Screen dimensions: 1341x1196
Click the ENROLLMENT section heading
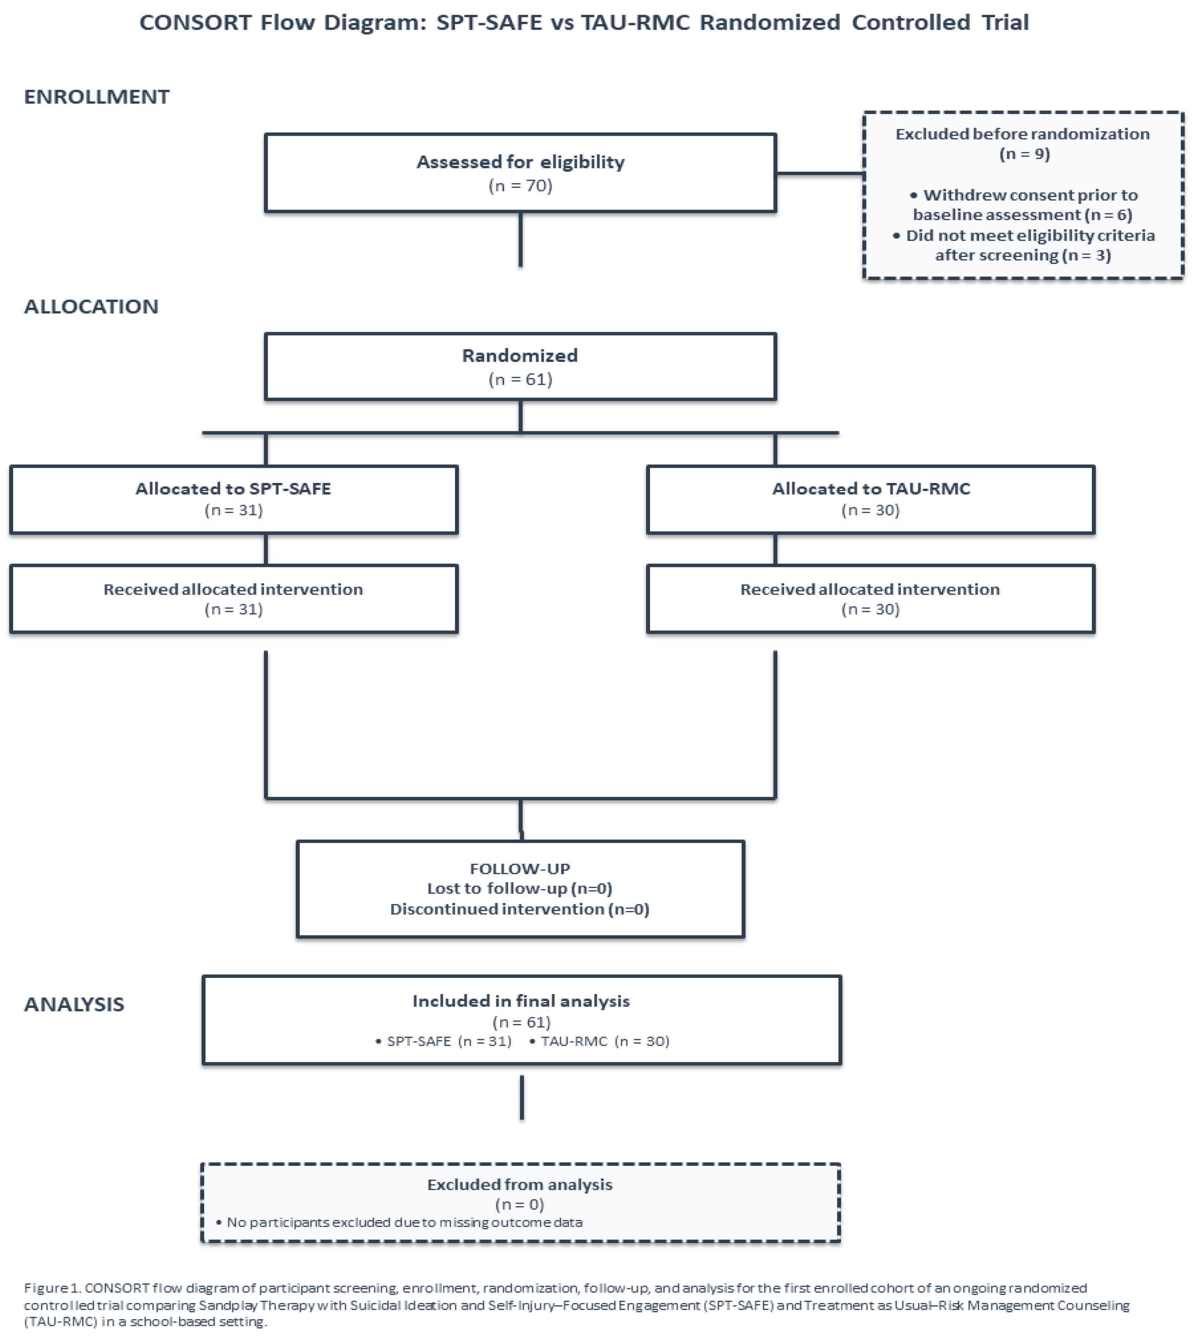pyautogui.click(x=97, y=97)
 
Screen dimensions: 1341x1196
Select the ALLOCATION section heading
pyautogui.click(x=91, y=307)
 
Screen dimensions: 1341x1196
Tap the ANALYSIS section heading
pyautogui.click(x=74, y=1004)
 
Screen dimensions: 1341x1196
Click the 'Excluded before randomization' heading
pyautogui.click(x=1022, y=134)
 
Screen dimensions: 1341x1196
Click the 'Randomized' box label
pyautogui.click(x=520, y=356)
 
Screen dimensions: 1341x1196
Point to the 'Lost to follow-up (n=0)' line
pyautogui.click(x=520, y=889)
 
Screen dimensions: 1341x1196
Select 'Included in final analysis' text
pyautogui.click(x=521, y=1001)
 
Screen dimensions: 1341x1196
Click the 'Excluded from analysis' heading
pyautogui.click(x=520, y=1184)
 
